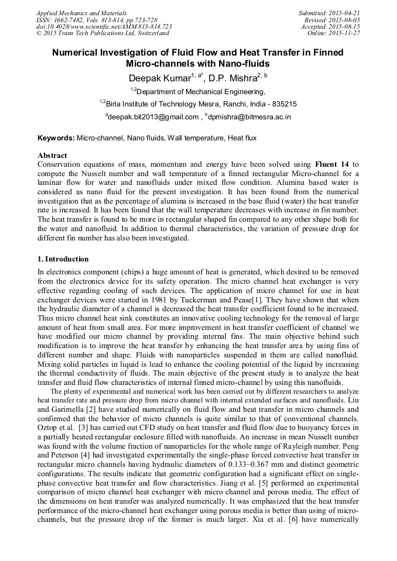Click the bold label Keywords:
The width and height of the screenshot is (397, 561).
coord(56,138)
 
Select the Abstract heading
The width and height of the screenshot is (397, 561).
coord(52,156)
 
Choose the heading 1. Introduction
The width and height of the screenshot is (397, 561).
coord(63,259)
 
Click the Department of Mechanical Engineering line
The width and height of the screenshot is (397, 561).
coord(198,91)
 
